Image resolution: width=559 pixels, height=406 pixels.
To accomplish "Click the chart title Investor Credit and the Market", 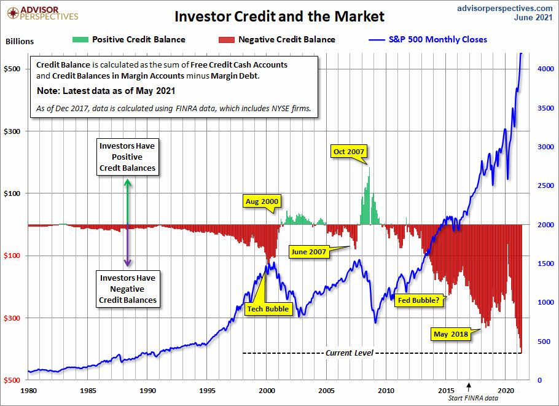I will point(279,15).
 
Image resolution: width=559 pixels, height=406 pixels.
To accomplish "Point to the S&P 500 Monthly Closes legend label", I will point(438,40).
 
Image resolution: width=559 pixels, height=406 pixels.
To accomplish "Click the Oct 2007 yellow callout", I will point(349,152).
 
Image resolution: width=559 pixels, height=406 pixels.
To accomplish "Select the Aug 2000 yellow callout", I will point(262,201).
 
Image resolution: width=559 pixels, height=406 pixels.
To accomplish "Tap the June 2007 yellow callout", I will point(308,252).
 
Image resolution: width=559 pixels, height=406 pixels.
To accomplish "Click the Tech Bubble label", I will point(267,308).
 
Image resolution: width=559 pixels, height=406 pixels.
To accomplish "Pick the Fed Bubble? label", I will point(418,301).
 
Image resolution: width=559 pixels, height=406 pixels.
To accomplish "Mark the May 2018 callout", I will point(450,334).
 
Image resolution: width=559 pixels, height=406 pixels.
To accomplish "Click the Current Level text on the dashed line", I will point(348,353).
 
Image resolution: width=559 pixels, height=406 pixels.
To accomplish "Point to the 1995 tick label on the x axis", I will point(207,390).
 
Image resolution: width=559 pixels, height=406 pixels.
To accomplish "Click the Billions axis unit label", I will point(20,42).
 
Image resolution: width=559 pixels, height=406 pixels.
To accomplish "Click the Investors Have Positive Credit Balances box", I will point(127,157).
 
